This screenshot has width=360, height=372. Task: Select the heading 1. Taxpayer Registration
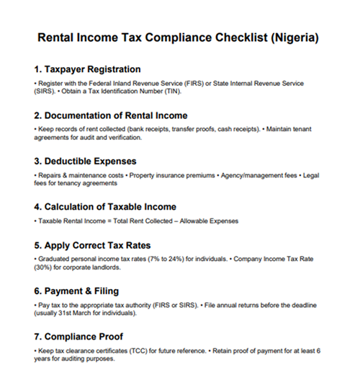tap(86, 70)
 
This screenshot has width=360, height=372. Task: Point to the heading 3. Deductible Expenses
tap(85, 161)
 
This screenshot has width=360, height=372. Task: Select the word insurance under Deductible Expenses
tap(161, 175)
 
